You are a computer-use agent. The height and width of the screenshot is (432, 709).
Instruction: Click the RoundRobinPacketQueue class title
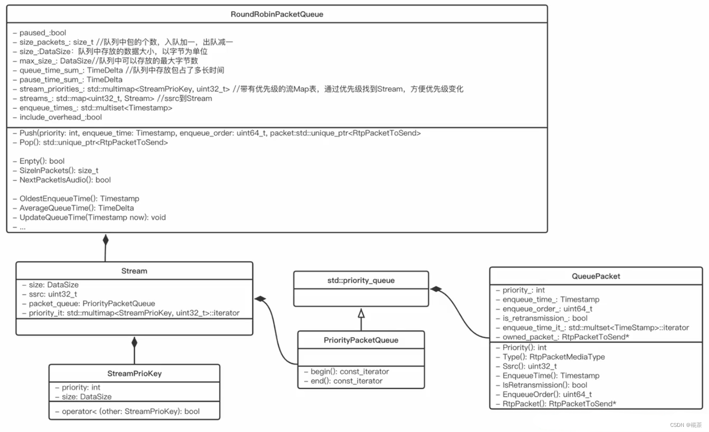point(277,14)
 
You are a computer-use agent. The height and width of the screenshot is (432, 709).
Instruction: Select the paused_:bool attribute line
point(43,33)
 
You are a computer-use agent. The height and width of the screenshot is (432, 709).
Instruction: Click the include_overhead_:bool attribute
point(60,117)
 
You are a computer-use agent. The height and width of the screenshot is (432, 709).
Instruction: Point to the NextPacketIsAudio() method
point(65,180)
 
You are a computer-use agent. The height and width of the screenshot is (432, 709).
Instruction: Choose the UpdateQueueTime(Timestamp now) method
point(92,217)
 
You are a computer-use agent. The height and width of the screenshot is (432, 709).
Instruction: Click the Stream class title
point(134,271)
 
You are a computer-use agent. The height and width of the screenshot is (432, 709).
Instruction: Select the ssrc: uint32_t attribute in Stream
point(53,294)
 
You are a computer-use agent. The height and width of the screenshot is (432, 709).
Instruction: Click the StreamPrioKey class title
point(134,374)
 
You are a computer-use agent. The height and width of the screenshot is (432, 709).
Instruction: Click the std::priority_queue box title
point(361,280)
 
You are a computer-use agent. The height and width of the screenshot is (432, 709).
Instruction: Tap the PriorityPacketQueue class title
point(361,340)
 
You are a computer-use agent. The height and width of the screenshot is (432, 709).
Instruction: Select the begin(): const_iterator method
point(349,372)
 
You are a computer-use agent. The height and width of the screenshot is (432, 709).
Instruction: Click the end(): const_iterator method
point(346,381)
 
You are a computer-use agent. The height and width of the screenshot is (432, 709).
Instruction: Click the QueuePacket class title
point(596,276)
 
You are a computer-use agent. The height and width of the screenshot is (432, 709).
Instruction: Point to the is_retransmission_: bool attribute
point(545,318)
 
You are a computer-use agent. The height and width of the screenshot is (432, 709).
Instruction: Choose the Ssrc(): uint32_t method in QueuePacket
point(529,366)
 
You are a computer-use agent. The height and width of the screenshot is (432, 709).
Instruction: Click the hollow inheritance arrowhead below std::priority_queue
point(361,313)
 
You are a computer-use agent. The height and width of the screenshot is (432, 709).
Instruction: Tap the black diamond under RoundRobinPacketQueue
point(106,240)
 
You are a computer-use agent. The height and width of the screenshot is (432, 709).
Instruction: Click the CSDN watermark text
point(685,425)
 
